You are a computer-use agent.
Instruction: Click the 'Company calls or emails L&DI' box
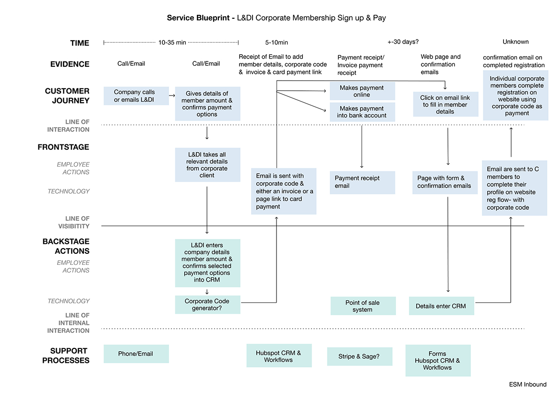(x=136, y=95)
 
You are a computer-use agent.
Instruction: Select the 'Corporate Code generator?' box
(x=207, y=305)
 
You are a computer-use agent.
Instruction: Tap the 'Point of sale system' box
(x=362, y=306)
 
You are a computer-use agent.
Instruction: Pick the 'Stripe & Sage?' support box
(x=359, y=357)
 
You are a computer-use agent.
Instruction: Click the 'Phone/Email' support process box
(x=136, y=354)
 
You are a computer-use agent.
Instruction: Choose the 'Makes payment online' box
(x=362, y=91)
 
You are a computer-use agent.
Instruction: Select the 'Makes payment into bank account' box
(x=362, y=112)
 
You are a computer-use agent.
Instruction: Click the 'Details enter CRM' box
(x=441, y=306)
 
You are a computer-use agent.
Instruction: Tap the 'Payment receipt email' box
(x=362, y=182)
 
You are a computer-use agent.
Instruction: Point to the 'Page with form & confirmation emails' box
(x=445, y=182)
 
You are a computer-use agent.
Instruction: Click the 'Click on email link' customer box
(x=445, y=105)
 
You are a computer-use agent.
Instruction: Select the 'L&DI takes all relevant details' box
(x=207, y=165)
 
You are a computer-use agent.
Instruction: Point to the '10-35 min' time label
(x=172, y=43)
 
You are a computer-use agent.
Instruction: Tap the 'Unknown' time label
(x=515, y=42)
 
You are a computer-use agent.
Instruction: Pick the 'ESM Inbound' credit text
(x=528, y=384)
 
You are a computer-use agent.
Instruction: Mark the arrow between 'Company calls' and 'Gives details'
(x=172, y=96)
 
